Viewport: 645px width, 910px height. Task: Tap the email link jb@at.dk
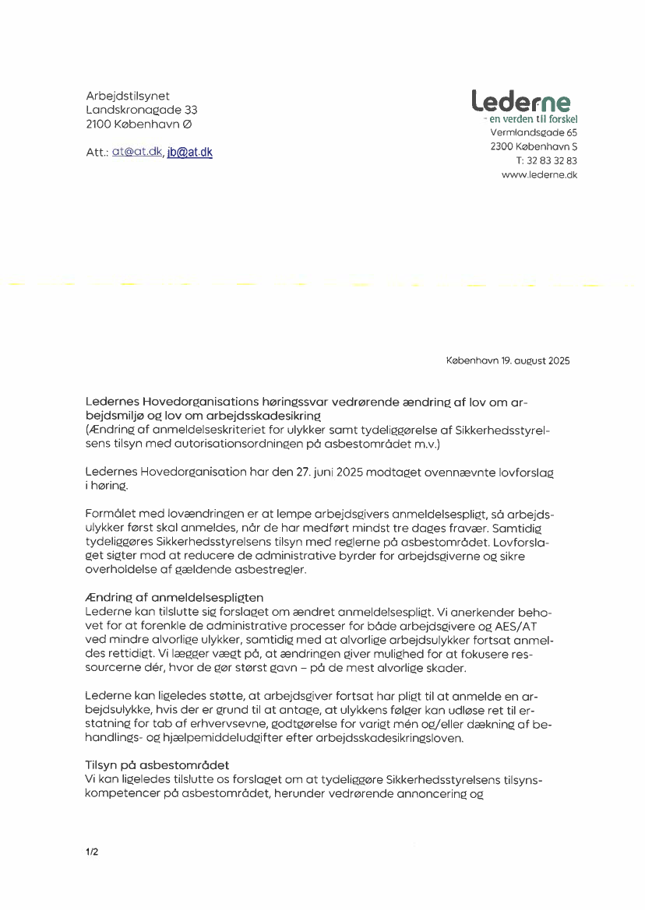pyautogui.click(x=189, y=153)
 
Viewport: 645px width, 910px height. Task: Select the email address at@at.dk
pyautogui.click(x=137, y=153)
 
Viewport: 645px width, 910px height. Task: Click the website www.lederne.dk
pyautogui.click(x=539, y=175)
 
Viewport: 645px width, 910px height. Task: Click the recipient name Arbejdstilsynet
pyautogui.click(x=128, y=96)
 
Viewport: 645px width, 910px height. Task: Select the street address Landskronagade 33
pyautogui.click(x=142, y=110)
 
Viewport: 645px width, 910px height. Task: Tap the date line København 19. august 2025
pyautogui.click(x=508, y=360)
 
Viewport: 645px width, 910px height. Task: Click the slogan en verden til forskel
pyautogui.click(x=533, y=120)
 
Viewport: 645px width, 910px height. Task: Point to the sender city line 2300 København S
pyautogui.click(x=534, y=146)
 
